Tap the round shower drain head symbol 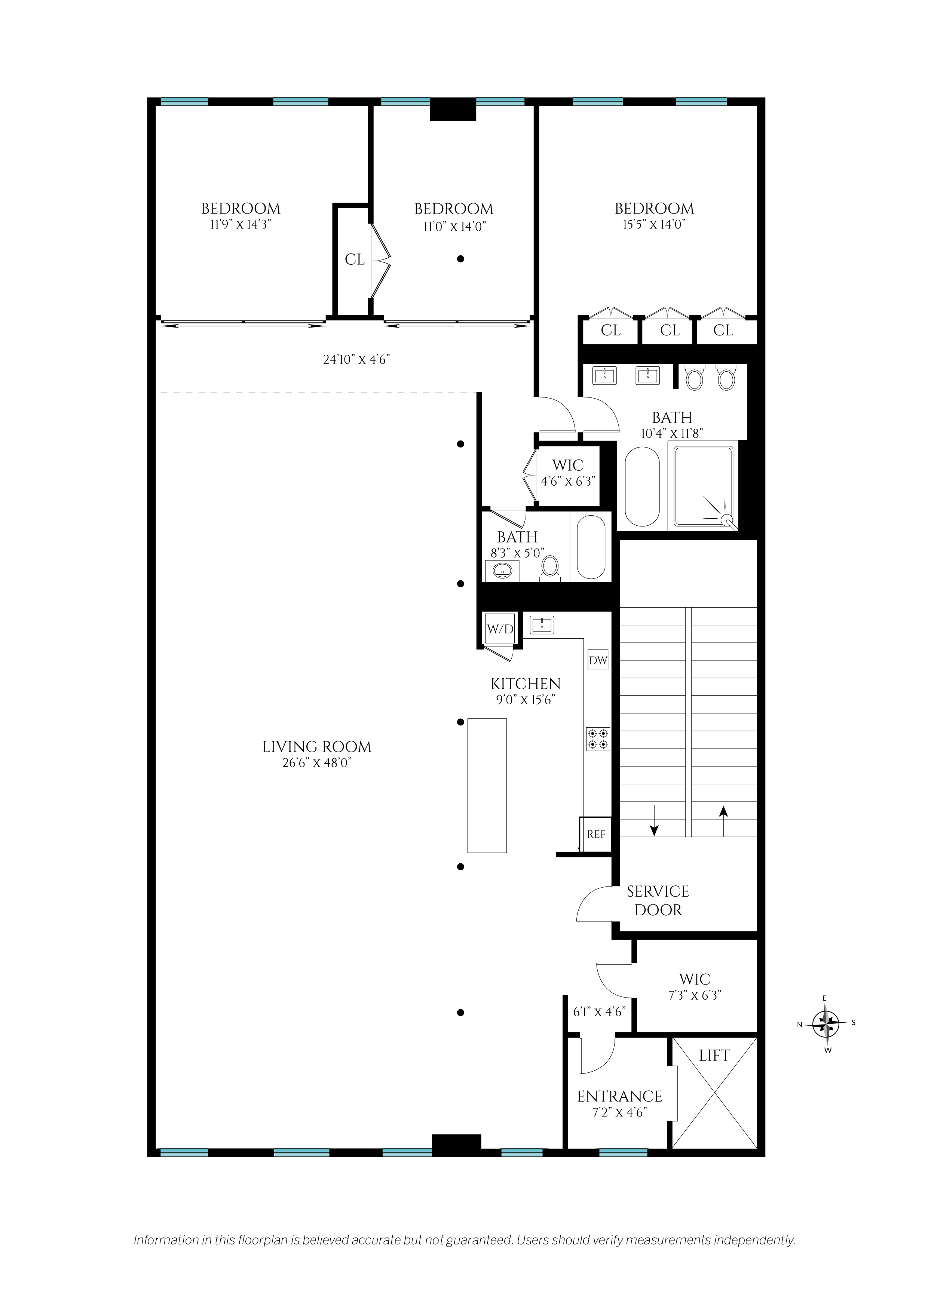728,520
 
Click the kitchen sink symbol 542,624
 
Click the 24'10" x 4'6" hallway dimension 357,359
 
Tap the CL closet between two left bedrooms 354,260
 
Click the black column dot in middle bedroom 460,259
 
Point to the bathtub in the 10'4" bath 642,486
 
